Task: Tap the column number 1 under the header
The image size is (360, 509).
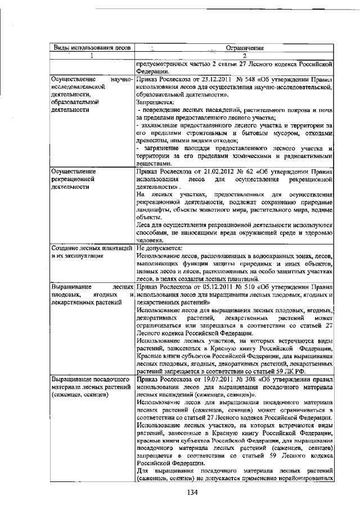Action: (91, 56)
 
